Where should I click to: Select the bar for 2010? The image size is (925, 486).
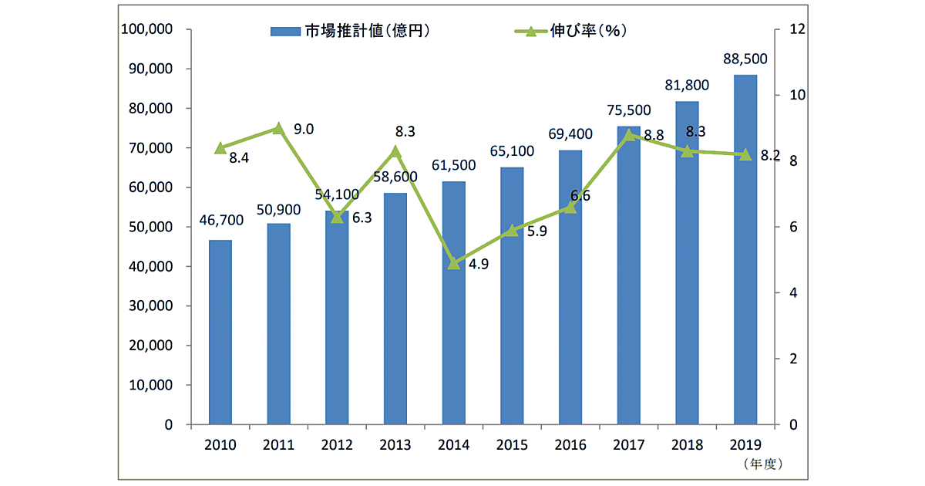(x=220, y=332)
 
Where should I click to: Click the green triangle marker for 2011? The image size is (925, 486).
(x=279, y=128)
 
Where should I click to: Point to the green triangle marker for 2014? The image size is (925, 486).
(x=454, y=263)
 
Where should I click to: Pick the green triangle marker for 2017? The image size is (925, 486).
(x=629, y=134)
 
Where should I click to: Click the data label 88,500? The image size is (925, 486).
(x=745, y=59)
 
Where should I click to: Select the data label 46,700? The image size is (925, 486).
(x=220, y=221)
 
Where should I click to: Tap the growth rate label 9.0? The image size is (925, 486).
(x=304, y=129)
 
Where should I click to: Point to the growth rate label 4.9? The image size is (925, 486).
(x=479, y=264)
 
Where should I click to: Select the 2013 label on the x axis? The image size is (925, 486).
(x=395, y=445)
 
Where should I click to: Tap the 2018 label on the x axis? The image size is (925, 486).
(x=687, y=445)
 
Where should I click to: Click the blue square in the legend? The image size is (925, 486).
(x=278, y=32)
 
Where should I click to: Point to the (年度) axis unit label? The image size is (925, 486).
(x=762, y=464)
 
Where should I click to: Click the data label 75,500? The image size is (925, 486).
(x=629, y=110)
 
